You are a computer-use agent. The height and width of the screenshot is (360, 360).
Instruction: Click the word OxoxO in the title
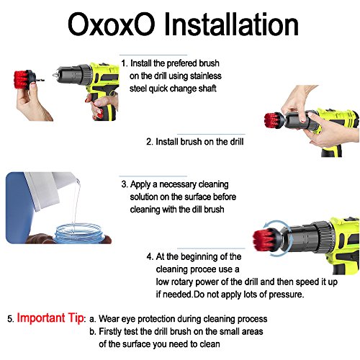coord(111,24)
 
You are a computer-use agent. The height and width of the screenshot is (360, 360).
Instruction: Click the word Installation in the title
coord(231,24)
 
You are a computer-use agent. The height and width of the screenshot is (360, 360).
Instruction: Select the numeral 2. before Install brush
coord(150,142)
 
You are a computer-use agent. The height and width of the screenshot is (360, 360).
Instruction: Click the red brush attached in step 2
coord(272,120)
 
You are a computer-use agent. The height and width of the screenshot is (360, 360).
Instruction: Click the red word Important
coord(41,318)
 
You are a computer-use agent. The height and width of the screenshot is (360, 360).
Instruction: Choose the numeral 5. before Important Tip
coord(11,319)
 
